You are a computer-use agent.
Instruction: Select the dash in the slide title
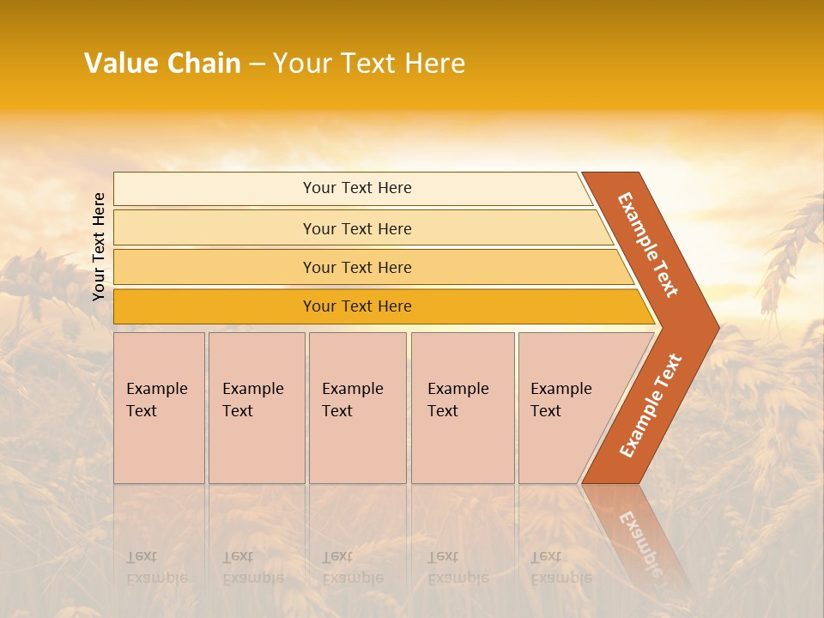[257, 64]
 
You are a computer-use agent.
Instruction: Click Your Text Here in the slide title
[369, 64]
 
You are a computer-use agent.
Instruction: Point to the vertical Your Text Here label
[99, 246]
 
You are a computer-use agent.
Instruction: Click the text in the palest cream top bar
[357, 188]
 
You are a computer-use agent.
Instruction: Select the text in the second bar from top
[357, 229]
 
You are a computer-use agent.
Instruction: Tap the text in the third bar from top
[357, 268]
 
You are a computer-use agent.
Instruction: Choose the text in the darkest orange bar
[357, 306]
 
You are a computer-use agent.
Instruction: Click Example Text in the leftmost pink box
[156, 400]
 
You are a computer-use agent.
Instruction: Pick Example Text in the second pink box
[252, 400]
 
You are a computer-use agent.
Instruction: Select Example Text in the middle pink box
[352, 400]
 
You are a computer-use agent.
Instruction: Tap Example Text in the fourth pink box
[457, 400]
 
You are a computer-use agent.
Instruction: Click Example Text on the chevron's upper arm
[648, 244]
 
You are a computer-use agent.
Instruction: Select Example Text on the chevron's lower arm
[651, 405]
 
